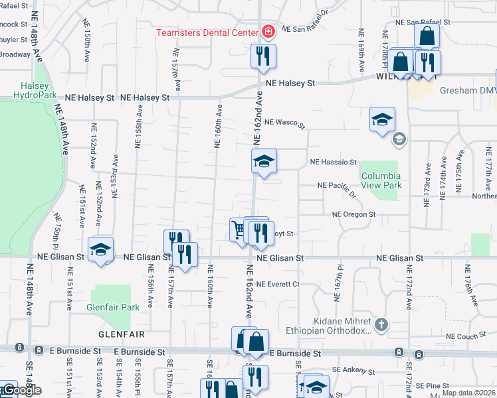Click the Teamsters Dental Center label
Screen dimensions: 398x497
tap(207, 33)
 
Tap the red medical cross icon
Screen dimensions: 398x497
tap(268, 31)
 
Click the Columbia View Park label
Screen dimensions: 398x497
tap(381, 180)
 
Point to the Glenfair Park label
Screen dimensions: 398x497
tap(113, 307)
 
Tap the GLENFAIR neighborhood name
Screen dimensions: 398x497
tap(121, 334)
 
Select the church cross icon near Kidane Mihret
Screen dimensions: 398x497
tap(381, 324)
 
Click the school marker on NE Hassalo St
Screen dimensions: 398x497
tap(264, 161)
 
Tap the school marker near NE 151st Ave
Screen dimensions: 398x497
tap(100, 249)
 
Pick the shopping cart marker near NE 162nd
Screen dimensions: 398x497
tap(239, 230)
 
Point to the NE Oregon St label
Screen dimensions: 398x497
tap(354, 215)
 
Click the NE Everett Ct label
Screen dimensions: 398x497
tap(278, 284)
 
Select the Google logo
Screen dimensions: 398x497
tap(21, 390)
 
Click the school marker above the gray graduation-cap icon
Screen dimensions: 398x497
tap(382, 120)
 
